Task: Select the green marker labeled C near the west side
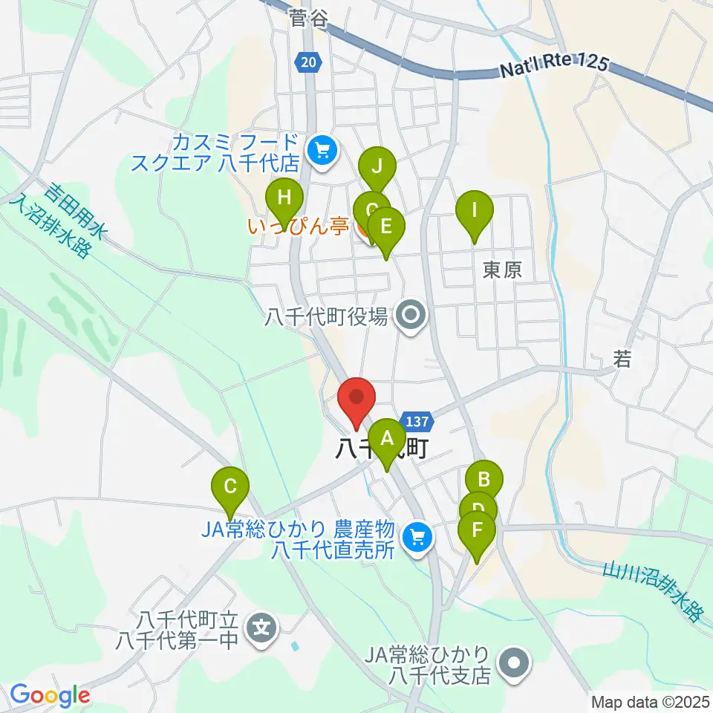point(230,489)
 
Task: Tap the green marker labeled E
point(385,227)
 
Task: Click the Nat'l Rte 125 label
point(553,68)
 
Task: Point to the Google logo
point(50,695)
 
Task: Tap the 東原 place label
point(503,270)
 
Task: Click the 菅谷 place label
point(308,19)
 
